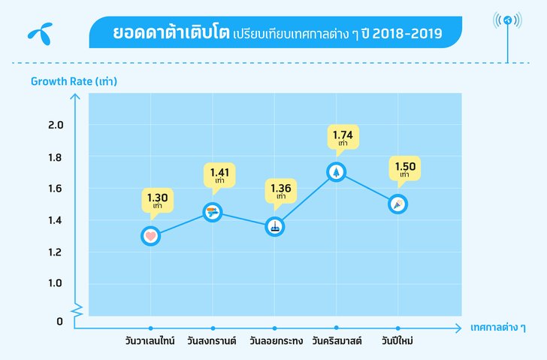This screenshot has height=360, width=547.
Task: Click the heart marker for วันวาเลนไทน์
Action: pyautogui.click(x=150, y=236)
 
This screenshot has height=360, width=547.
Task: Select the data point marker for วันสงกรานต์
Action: pyautogui.click(x=213, y=213)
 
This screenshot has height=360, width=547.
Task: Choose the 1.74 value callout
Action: pyautogui.click(x=343, y=138)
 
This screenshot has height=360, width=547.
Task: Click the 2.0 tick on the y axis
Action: pyautogui.click(x=56, y=125)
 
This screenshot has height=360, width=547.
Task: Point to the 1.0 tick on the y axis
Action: pyautogui.click(x=56, y=283)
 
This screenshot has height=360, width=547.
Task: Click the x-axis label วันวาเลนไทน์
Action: pyautogui.click(x=150, y=341)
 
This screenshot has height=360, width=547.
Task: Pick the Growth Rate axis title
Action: pyautogui.click(x=74, y=80)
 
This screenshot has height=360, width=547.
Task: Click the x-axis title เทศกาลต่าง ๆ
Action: pyautogui.click(x=497, y=328)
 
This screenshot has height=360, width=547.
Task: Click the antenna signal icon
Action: pyautogui.click(x=509, y=20)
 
